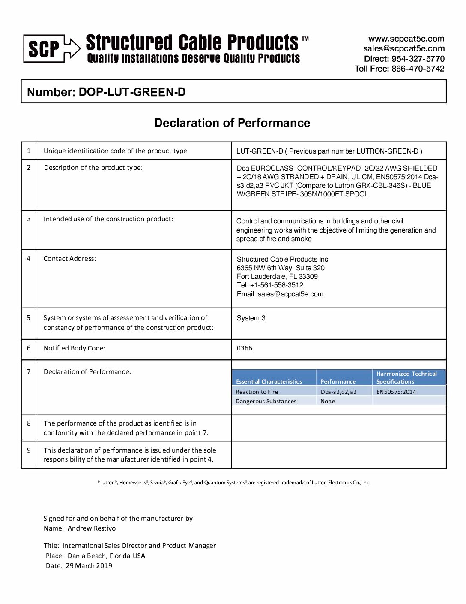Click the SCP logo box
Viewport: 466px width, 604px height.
click(44, 49)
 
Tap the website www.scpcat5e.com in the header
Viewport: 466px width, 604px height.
click(406, 39)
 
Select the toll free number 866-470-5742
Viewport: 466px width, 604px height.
click(418, 69)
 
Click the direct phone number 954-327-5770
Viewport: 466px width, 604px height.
click(418, 59)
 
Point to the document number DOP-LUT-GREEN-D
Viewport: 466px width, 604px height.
click(132, 92)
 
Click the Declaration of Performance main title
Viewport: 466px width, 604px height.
click(232, 123)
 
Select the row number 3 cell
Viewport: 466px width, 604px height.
click(29, 219)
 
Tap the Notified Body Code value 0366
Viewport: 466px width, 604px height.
click(245, 348)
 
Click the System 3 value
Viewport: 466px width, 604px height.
click(251, 318)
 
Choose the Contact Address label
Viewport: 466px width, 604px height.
click(70, 259)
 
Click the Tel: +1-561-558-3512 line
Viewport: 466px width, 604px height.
click(270, 285)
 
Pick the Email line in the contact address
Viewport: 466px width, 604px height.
click(280, 294)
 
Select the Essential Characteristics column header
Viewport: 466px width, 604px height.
click(269, 381)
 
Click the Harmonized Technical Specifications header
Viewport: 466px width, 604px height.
click(406, 377)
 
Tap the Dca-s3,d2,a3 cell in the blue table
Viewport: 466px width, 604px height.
click(338, 392)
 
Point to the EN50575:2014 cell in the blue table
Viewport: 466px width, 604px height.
click(396, 392)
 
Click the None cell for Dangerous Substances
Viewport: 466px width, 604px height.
click(328, 402)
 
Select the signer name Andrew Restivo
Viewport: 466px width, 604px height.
click(92, 528)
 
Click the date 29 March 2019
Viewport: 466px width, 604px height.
click(89, 566)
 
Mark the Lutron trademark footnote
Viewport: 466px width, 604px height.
click(234, 483)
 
